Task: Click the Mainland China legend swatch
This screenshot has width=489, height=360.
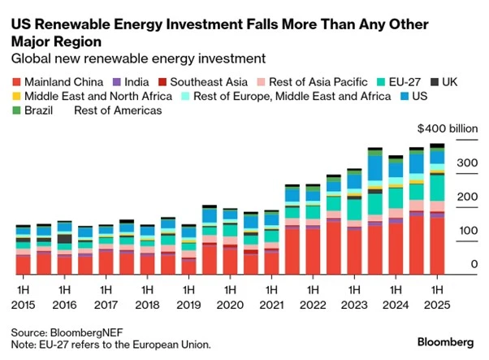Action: point(16,82)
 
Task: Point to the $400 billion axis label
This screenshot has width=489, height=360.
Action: point(447,129)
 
